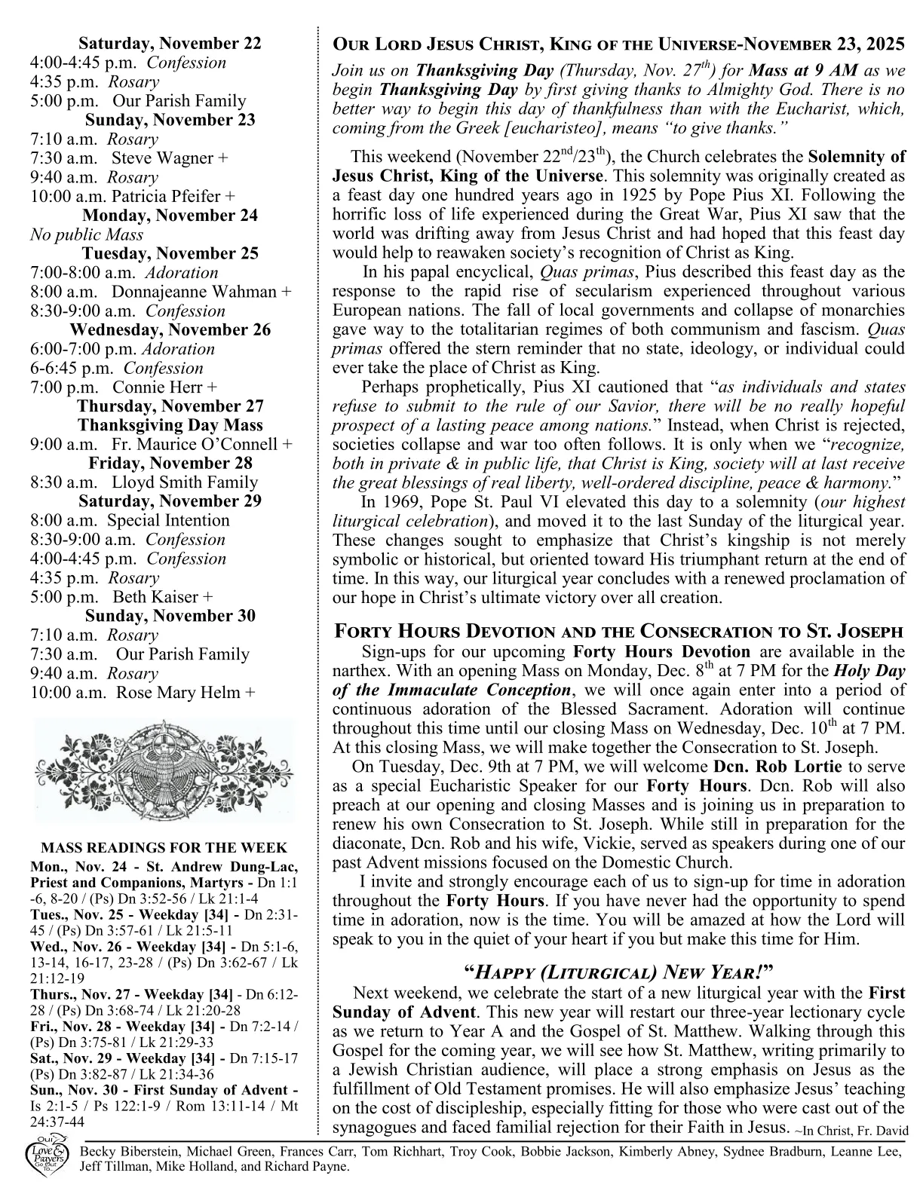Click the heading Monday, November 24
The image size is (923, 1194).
[x=170, y=216]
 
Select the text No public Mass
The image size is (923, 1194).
[x=87, y=234]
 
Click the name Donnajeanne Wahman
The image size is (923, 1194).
[x=195, y=292]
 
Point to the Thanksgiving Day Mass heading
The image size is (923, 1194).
[x=170, y=425]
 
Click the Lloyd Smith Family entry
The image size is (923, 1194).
[x=185, y=482]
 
